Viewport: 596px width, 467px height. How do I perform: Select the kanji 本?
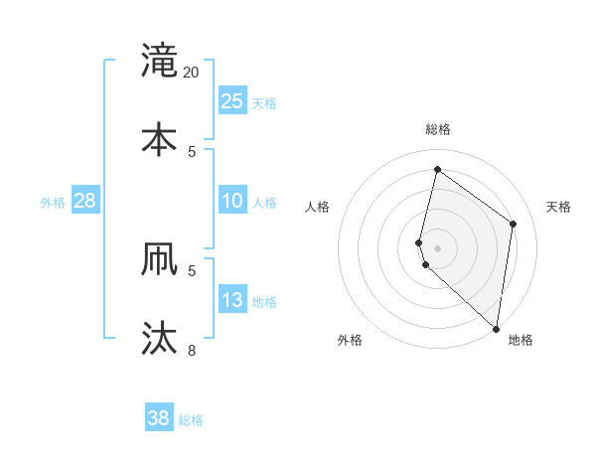(x=159, y=138)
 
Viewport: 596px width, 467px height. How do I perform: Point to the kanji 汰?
(x=159, y=338)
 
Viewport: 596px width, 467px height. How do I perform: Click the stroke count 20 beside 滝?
(x=192, y=73)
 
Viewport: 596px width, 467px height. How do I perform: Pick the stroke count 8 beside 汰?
(x=192, y=350)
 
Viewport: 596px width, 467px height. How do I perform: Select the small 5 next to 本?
(x=192, y=151)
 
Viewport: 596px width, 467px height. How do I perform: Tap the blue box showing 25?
(x=232, y=101)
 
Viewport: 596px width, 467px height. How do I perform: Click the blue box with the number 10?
(x=232, y=201)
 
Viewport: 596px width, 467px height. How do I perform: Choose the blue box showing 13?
(x=232, y=300)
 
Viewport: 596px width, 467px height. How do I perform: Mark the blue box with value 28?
(x=84, y=201)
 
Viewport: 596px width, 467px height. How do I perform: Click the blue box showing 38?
(x=159, y=418)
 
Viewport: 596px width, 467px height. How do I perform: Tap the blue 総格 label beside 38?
(x=191, y=420)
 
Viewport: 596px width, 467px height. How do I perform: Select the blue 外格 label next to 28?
(x=53, y=203)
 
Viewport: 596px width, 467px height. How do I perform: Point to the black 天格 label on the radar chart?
(x=558, y=207)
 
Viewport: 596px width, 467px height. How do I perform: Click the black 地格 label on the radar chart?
(x=521, y=341)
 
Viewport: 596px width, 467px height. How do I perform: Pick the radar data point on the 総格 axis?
(x=437, y=169)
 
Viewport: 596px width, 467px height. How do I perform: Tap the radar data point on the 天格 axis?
(x=514, y=224)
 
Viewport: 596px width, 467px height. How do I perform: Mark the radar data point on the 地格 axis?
(x=496, y=328)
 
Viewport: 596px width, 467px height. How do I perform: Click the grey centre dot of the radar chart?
(x=437, y=247)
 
